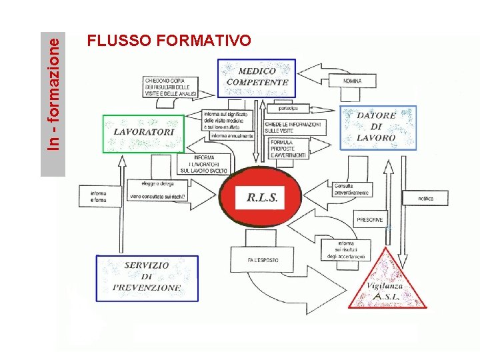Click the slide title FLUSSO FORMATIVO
pos(169,41)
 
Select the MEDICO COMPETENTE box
pos(257,77)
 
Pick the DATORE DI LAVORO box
pos(377,127)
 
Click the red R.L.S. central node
pos(261,197)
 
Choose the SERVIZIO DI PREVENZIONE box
pos(147,277)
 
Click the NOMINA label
pos(353,81)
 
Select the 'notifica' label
pos(426,199)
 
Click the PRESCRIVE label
pos(370,219)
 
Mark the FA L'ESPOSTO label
pos(263,260)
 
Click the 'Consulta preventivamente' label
pos(352,189)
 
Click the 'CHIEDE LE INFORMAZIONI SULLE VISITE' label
pos(293,127)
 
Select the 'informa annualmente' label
pos(231,136)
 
